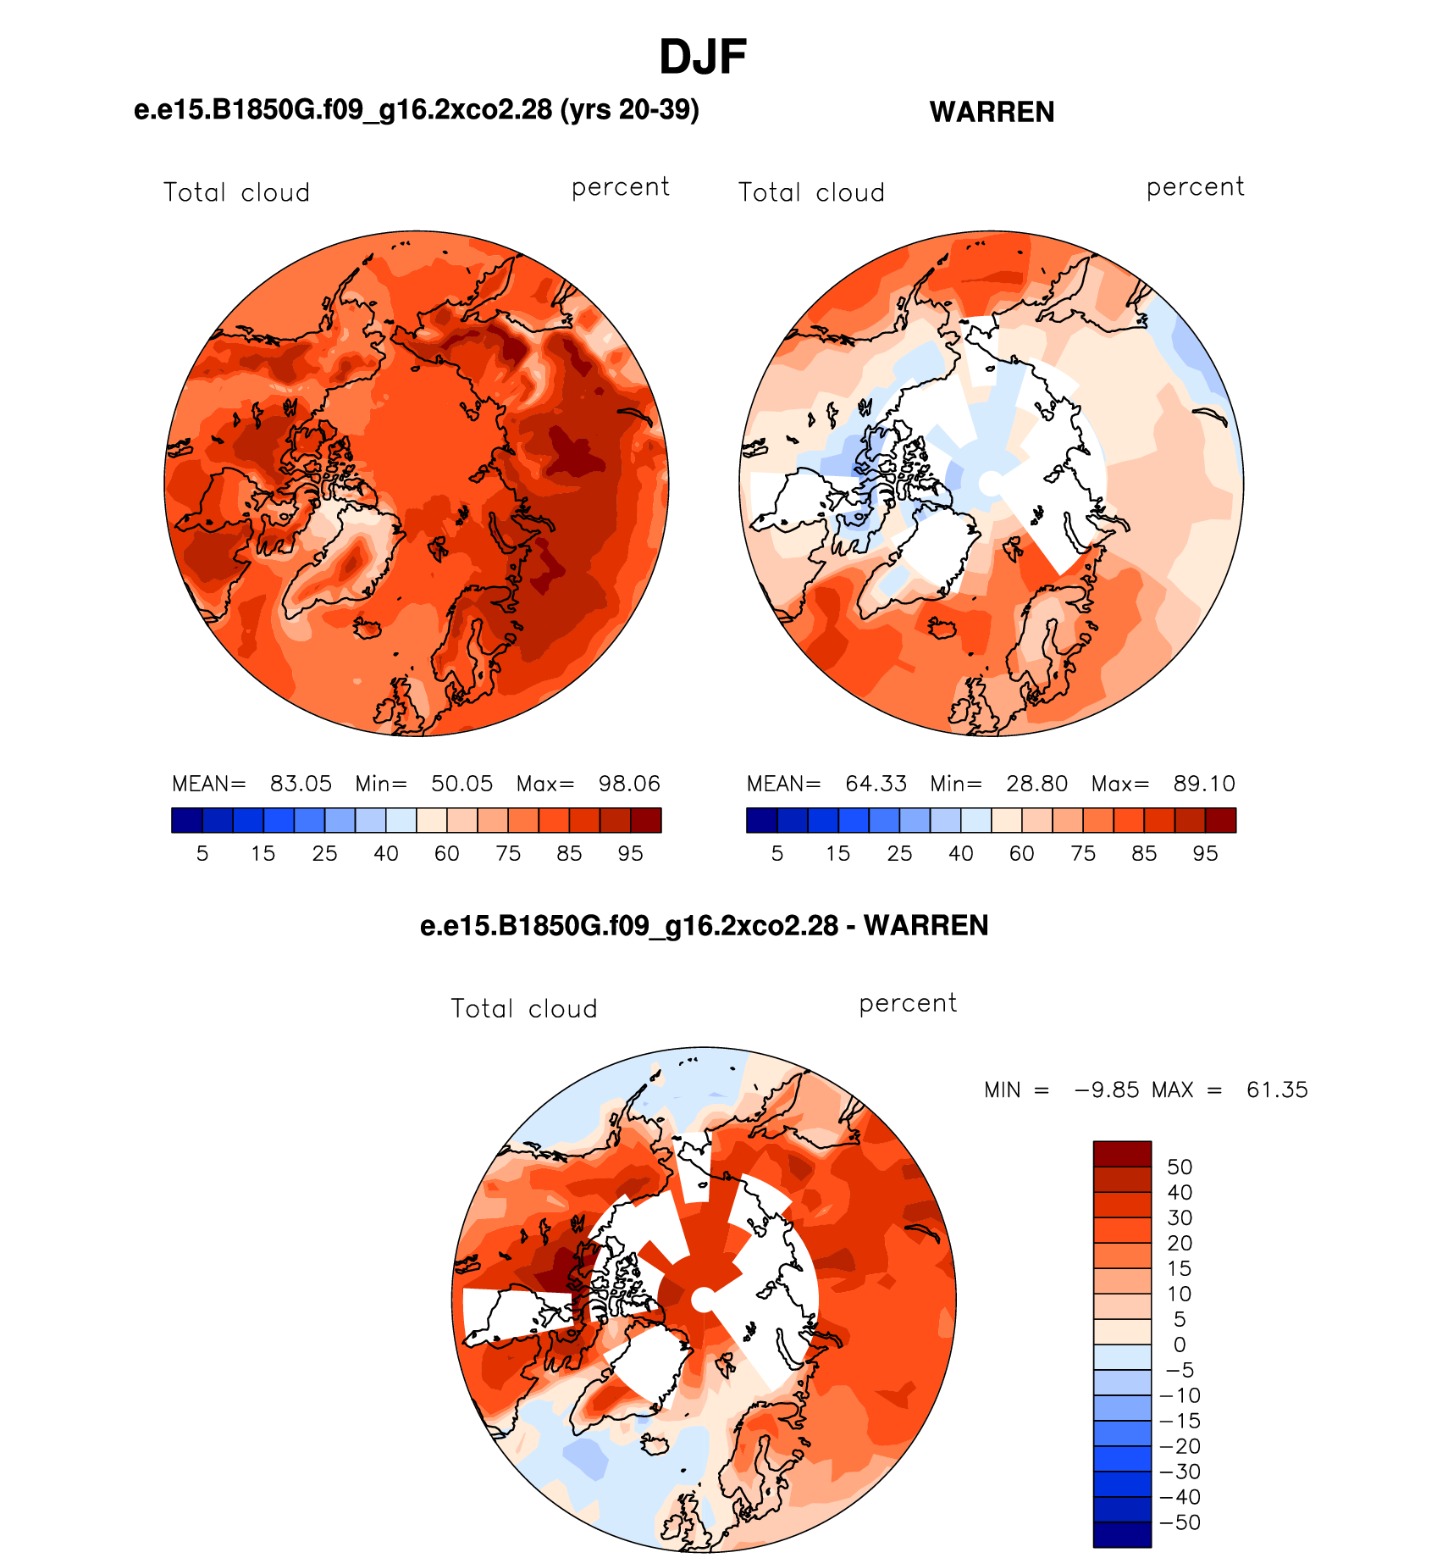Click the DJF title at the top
click(703, 58)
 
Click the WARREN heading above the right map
click(992, 112)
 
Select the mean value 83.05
click(301, 784)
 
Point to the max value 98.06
click(629, 784)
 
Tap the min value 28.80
click(1036, 784)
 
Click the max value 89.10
click(1204, 784)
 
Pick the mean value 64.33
click(876, 784)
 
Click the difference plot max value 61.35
click(1277, 1089)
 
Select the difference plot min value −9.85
click(1107, 1089)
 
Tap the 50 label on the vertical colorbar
click(1180, 1167)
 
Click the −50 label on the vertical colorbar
click(1180, 1522)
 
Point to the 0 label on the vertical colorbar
click(1180, 1345)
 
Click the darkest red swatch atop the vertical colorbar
click(1122, 1154)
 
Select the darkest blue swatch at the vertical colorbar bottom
click(1122, 1535)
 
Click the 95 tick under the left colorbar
click(630, 853)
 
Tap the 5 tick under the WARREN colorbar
click(777, 853)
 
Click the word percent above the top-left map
click(621, 187)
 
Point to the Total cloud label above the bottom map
click(524, 1008)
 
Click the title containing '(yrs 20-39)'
click(417, 109)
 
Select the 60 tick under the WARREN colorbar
click(1022, 853)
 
